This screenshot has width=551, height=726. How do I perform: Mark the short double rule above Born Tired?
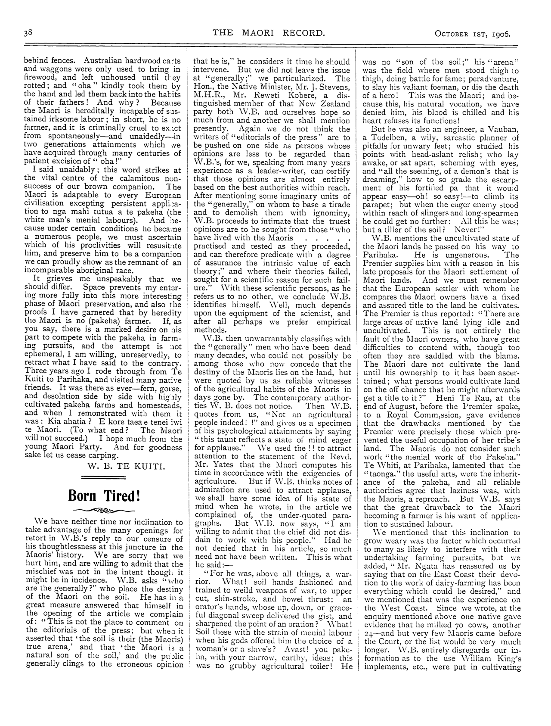[x=103, y=477]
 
